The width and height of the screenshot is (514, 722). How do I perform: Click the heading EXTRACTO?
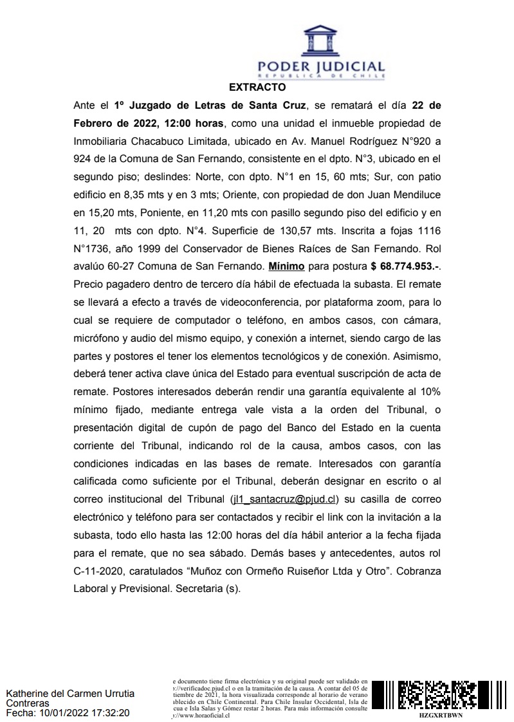coord(257,86)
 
